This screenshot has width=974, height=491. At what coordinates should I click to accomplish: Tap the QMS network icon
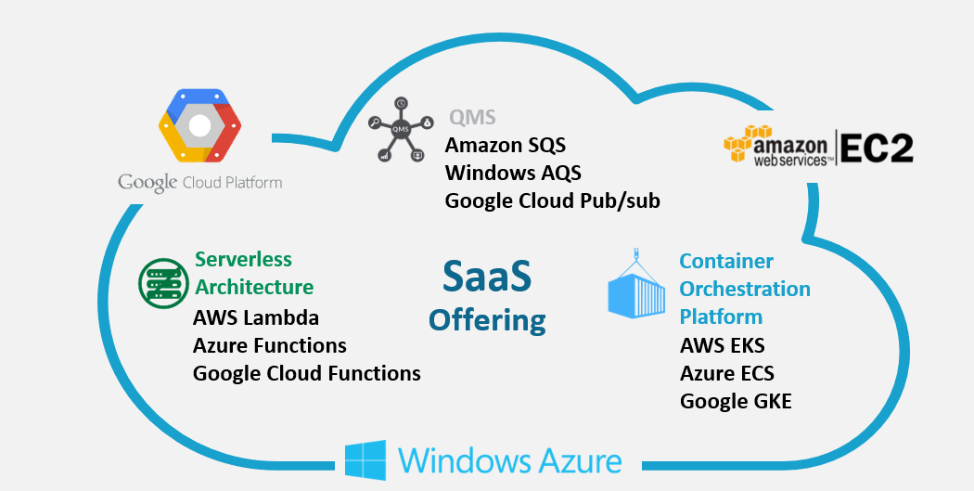tap(401, 129)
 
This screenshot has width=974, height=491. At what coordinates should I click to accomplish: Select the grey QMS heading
tap(472, 118)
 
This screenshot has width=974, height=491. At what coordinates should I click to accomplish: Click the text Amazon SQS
tap(506, 146)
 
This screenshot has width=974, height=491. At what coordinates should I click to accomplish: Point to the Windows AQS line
tap(512, 173)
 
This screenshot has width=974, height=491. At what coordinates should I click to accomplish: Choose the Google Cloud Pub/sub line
tap(553, 200)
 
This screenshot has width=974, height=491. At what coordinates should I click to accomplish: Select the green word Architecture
tap(254, 287)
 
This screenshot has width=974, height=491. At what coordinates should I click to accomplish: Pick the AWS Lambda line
tap(256, 317)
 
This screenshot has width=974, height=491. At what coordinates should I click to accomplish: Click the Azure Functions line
tap(270, 345)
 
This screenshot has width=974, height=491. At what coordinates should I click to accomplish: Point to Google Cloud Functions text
tap(307, 373)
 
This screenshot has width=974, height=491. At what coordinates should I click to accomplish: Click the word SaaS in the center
tap(487, 276)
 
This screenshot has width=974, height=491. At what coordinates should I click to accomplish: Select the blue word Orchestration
tap(745, 289)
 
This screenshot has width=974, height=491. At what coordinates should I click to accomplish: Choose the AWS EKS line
tap(723, 346)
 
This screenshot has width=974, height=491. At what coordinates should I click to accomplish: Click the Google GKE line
tap(736, 402)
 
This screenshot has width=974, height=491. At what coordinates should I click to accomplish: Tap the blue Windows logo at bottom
tap(365, 460)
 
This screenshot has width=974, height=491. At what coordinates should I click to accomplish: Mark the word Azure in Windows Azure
tap(577, 460)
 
